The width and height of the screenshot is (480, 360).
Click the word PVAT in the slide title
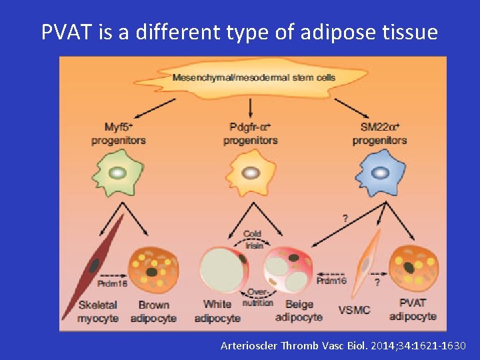tap(65, 31)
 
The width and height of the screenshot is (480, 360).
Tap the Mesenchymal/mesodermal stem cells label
tap(254, 77)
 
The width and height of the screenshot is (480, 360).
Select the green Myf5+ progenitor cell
tap(117, 172)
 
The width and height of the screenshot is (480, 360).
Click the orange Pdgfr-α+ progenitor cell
tap(250, 172)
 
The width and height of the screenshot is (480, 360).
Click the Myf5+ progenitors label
tap(118, 133)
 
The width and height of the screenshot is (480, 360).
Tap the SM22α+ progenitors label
tap(379, 133)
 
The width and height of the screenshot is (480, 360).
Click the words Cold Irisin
tap(252, 239)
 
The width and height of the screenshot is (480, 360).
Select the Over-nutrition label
tap(257, 297)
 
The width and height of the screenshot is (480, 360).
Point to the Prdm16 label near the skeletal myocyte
tap(111, 284)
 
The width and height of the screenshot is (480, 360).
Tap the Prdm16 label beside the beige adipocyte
tap(331, 281)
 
